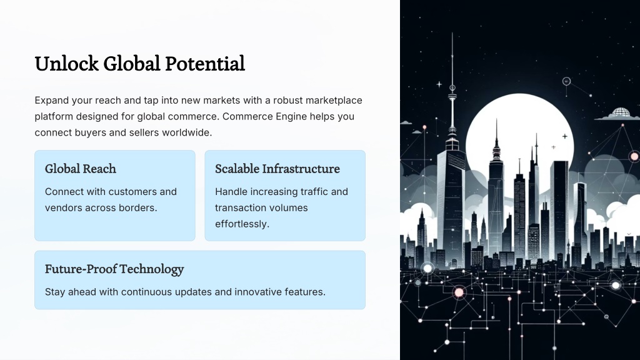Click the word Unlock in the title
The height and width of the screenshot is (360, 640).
tap(66, 64)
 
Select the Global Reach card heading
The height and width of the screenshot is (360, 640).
tap(81, 169)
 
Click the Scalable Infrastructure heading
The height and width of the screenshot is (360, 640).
tap(277, 169)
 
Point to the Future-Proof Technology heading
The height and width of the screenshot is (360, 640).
tap(114, 269)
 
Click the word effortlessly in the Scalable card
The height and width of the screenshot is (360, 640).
tap(242, 224)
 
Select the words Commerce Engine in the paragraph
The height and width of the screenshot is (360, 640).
tap(264, 116)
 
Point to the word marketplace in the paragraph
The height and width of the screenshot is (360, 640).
tap(334, 101)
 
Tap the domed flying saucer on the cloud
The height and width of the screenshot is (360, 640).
tap(619, 113)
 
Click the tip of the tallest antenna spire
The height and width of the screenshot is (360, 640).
tap(452, 33)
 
